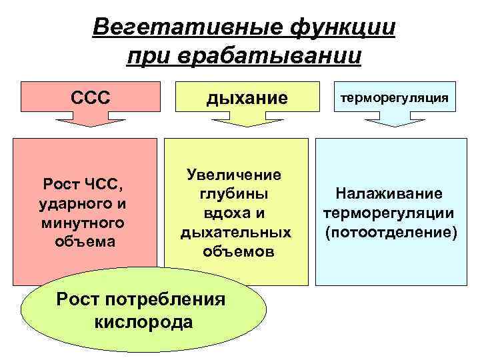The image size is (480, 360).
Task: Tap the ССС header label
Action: [89, 97]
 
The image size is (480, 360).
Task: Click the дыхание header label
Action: [238, 98]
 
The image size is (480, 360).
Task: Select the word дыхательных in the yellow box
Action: [236, 233]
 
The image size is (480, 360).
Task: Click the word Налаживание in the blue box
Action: [389, 194]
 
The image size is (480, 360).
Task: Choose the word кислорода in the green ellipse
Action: [144, 322]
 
